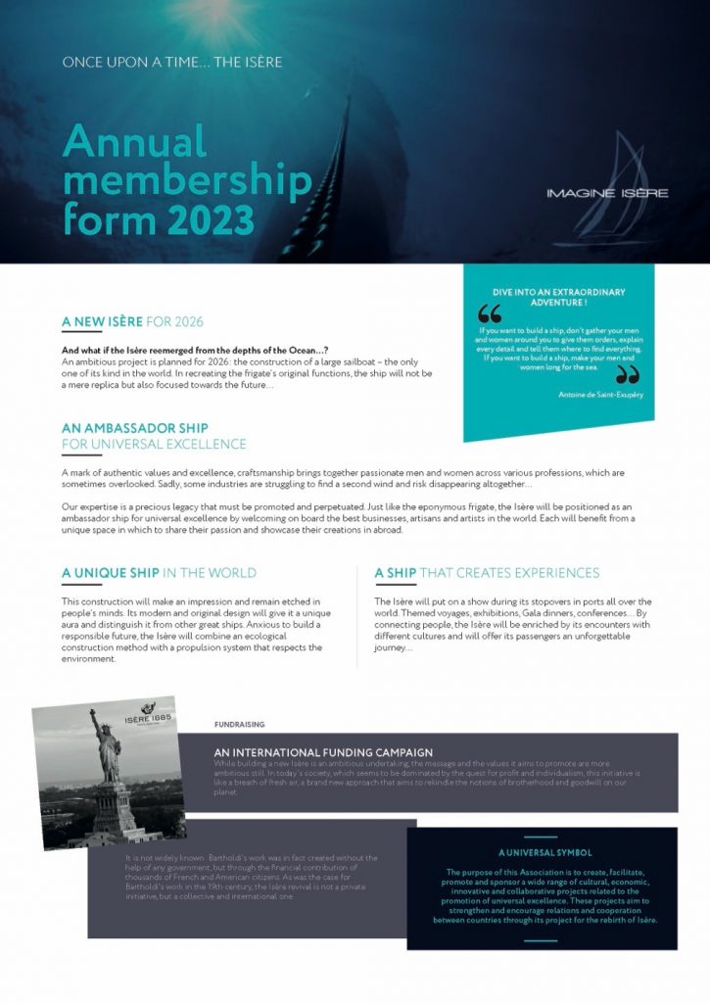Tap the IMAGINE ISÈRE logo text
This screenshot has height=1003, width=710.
(607, 193)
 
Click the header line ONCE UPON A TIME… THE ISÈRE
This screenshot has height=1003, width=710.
(172, 63)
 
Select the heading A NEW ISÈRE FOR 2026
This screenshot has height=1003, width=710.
(132, 321)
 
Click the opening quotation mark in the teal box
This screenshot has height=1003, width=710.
(489, 314)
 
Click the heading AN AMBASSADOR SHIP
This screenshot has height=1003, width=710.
(134, 428)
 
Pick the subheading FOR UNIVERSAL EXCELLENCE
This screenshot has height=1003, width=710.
(154, 444)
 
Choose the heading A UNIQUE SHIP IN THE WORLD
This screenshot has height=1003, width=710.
(159, 573)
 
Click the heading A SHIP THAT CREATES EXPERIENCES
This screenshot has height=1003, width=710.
(487, 573)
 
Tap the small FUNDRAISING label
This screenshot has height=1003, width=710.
(239, 725)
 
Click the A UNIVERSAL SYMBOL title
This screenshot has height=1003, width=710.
(544, 852)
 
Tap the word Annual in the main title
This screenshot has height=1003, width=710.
(134, 143)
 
